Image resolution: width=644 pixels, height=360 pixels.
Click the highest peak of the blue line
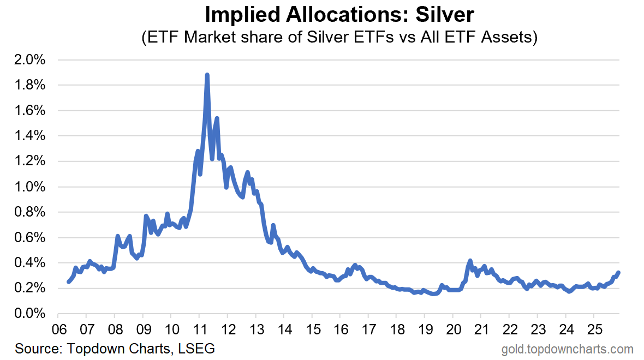(x=207, y=75)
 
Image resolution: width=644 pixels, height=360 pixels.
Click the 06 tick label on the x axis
(x=58, y=329)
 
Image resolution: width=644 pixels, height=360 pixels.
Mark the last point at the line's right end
(x=618, y=273)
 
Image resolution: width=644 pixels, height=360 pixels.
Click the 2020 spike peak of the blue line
(x=470, y=261)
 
